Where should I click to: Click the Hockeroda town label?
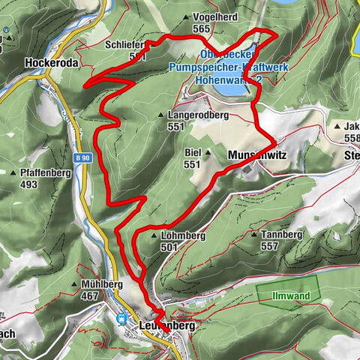51,64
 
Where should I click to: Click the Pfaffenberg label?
38,173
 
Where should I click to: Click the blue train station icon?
121,319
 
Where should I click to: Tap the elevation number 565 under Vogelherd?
200,28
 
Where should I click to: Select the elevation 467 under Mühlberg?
90,296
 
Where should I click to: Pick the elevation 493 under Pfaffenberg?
29,184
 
